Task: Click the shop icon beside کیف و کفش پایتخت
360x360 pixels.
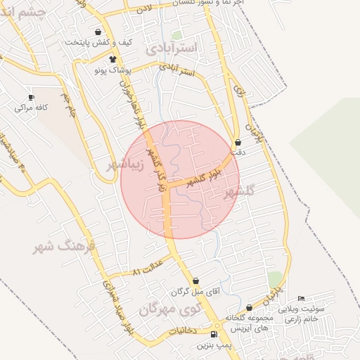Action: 97,32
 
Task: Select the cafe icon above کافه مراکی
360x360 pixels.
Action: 31,97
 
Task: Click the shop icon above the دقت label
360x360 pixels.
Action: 238,141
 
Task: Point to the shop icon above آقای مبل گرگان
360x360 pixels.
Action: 195,281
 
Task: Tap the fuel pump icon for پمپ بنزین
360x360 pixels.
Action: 214,334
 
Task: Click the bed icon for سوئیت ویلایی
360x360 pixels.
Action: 302,299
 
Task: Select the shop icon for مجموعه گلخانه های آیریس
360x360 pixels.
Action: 249,307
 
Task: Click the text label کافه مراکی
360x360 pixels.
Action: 31,108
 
